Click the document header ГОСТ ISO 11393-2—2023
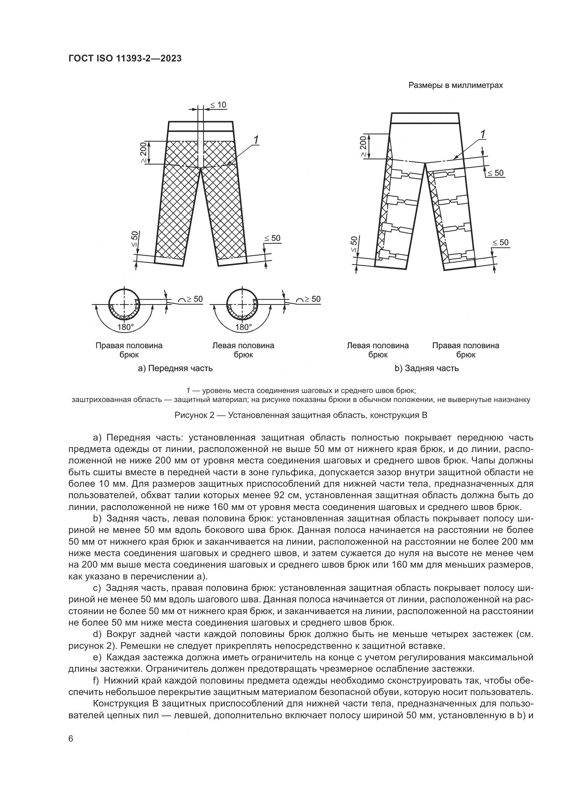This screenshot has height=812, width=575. coord(125,59)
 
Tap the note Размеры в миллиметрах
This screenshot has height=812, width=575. coord(455,86)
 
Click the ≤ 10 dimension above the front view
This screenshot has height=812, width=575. coord(218,105)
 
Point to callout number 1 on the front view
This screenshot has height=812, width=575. coord(256,140)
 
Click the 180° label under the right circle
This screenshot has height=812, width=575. coord(243,327)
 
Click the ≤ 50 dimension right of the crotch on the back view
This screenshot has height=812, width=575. coord(495,173)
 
